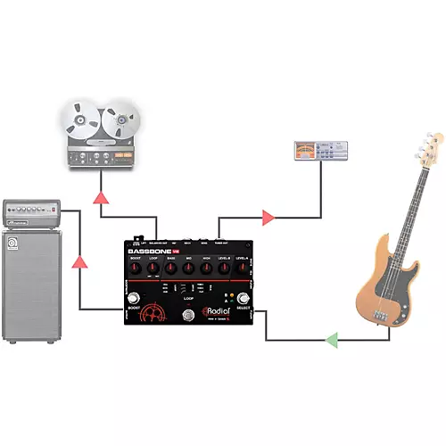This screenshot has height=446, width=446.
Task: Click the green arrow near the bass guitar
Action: pos(332,340)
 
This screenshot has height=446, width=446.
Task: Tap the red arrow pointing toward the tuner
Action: pos(268,216)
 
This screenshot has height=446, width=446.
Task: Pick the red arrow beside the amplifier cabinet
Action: pos(80,262)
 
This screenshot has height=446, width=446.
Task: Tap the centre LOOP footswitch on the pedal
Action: pos(189,317)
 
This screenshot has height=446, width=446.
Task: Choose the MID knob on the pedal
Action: pos(189,270)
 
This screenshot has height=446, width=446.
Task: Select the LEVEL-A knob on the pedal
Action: pos(243,270)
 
